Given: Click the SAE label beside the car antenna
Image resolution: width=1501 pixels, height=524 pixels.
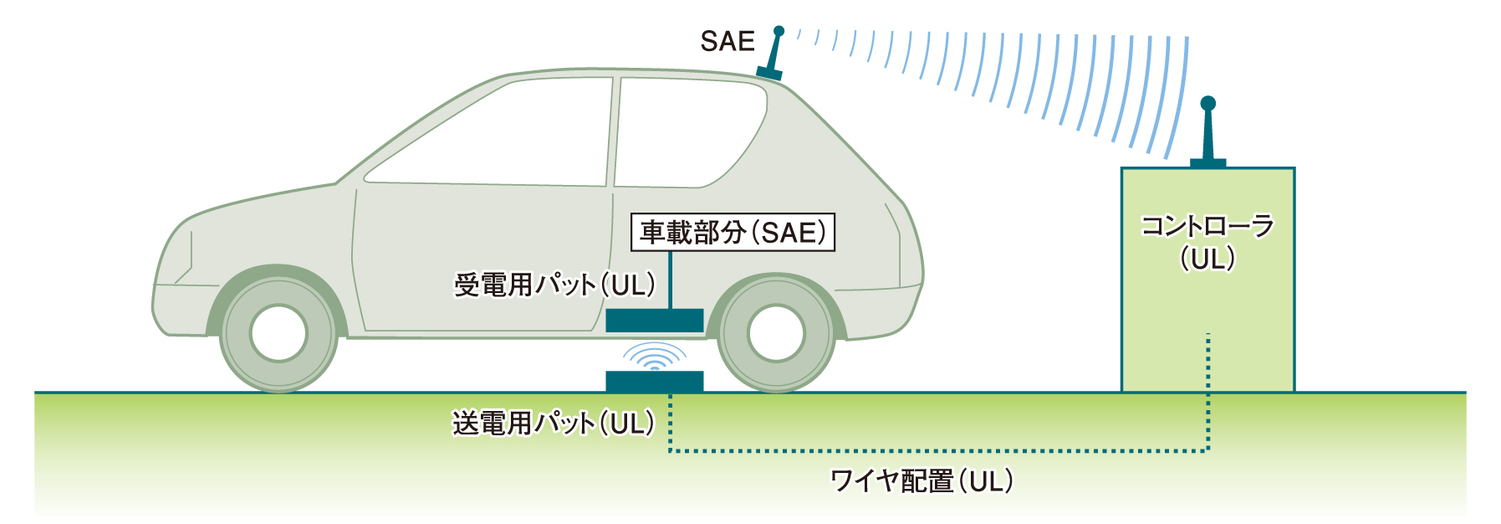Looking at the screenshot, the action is (727, 41).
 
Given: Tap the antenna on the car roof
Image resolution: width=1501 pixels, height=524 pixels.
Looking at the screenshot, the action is (772, 54).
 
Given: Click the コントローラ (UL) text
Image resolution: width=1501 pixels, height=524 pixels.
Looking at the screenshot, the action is (1207, 242).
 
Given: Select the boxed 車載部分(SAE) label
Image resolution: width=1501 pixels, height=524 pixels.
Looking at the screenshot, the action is (733, 232).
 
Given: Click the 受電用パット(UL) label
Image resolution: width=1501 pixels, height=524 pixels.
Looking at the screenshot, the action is (554, 285).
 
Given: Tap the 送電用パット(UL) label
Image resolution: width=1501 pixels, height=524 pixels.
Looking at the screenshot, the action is (554, 423).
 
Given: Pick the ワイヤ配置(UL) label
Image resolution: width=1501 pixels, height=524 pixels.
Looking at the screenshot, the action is (922, 480).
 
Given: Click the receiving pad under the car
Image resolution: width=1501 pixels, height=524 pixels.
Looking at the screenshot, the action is (655, 320).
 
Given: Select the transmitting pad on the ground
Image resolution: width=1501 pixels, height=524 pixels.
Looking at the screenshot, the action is (655, 381).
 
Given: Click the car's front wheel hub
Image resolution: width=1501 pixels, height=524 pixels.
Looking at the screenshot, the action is (278, 333).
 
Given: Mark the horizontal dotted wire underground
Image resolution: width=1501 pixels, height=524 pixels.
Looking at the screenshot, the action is (938, 451).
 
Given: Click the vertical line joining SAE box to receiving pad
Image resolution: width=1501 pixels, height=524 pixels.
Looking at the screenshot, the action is (670, 280).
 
